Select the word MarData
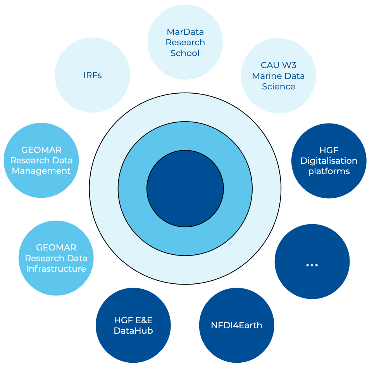pyautogui.click(x=185, y=32)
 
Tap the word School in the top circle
pyautogui.click(x=185, y=53)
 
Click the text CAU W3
pyautogui.click(x=278, y=65)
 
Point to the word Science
pyautogui.click(x=278, y=86)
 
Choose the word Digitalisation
pyautogui.click(x=329, y=161)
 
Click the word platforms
pyautogui.click(x=329, y=171)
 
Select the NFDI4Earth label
pyautogui.click(x=236, y=325)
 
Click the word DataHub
pyautogui.click(x=133, y=331)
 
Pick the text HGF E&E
pyautogui.click(x=133, y=320)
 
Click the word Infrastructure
pyautogui.click(x=56, y=269)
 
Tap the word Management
pyautogui.click(x=41, y=171)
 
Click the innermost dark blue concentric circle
pyautogui.click(x=185, y=189)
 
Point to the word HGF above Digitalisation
pyautogui.click(x=329, y=150)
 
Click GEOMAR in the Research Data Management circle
pyautogui.click(x=41, y=149)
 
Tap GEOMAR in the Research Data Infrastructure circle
pyautogui.click(x=56, y=247)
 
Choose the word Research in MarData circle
pyautogui.click(x=185, y=42)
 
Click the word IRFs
pyautogui.click(x=92, y=75)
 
